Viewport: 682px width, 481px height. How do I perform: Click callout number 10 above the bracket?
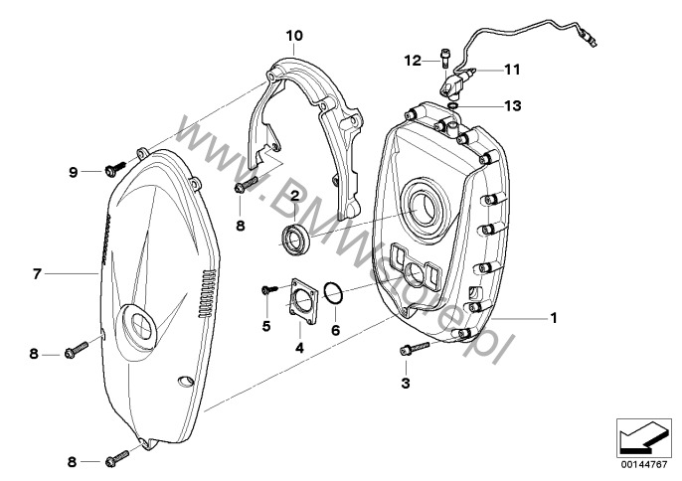(x=294, y=36)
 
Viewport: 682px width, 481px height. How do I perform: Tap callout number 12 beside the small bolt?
(x=413, y=61)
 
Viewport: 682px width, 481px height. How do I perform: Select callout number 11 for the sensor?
(x=512, y=70)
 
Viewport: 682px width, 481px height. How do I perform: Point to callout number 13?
(x=512, y=105)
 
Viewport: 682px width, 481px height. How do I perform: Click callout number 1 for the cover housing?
(x=554, y=318)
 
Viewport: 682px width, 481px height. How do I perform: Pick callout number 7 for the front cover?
(x=37, y=273)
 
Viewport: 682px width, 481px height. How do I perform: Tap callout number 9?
(x=74, y=172)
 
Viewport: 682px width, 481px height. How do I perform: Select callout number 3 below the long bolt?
(x=406, y=384)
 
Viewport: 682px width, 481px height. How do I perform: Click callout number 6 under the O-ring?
(x=335, y=330)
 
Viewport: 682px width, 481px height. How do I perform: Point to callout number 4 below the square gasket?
(x=299, y=348)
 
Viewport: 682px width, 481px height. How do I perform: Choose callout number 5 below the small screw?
(x=266, y=325)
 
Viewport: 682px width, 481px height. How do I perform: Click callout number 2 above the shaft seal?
(x=295, y=196)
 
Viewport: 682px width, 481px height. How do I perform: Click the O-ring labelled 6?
(x=334, y=293)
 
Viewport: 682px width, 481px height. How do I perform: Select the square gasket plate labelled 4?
(x=304, y=301)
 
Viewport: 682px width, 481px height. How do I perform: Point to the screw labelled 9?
(x=115, y=169)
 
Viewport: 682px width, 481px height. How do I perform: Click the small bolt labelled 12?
(x=445, y=57)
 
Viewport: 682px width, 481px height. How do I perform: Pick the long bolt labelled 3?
(x=415, y=349)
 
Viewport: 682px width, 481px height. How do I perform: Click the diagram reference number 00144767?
(x=644, y=464)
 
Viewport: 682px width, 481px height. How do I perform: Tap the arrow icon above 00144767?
(x=642, y=437)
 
